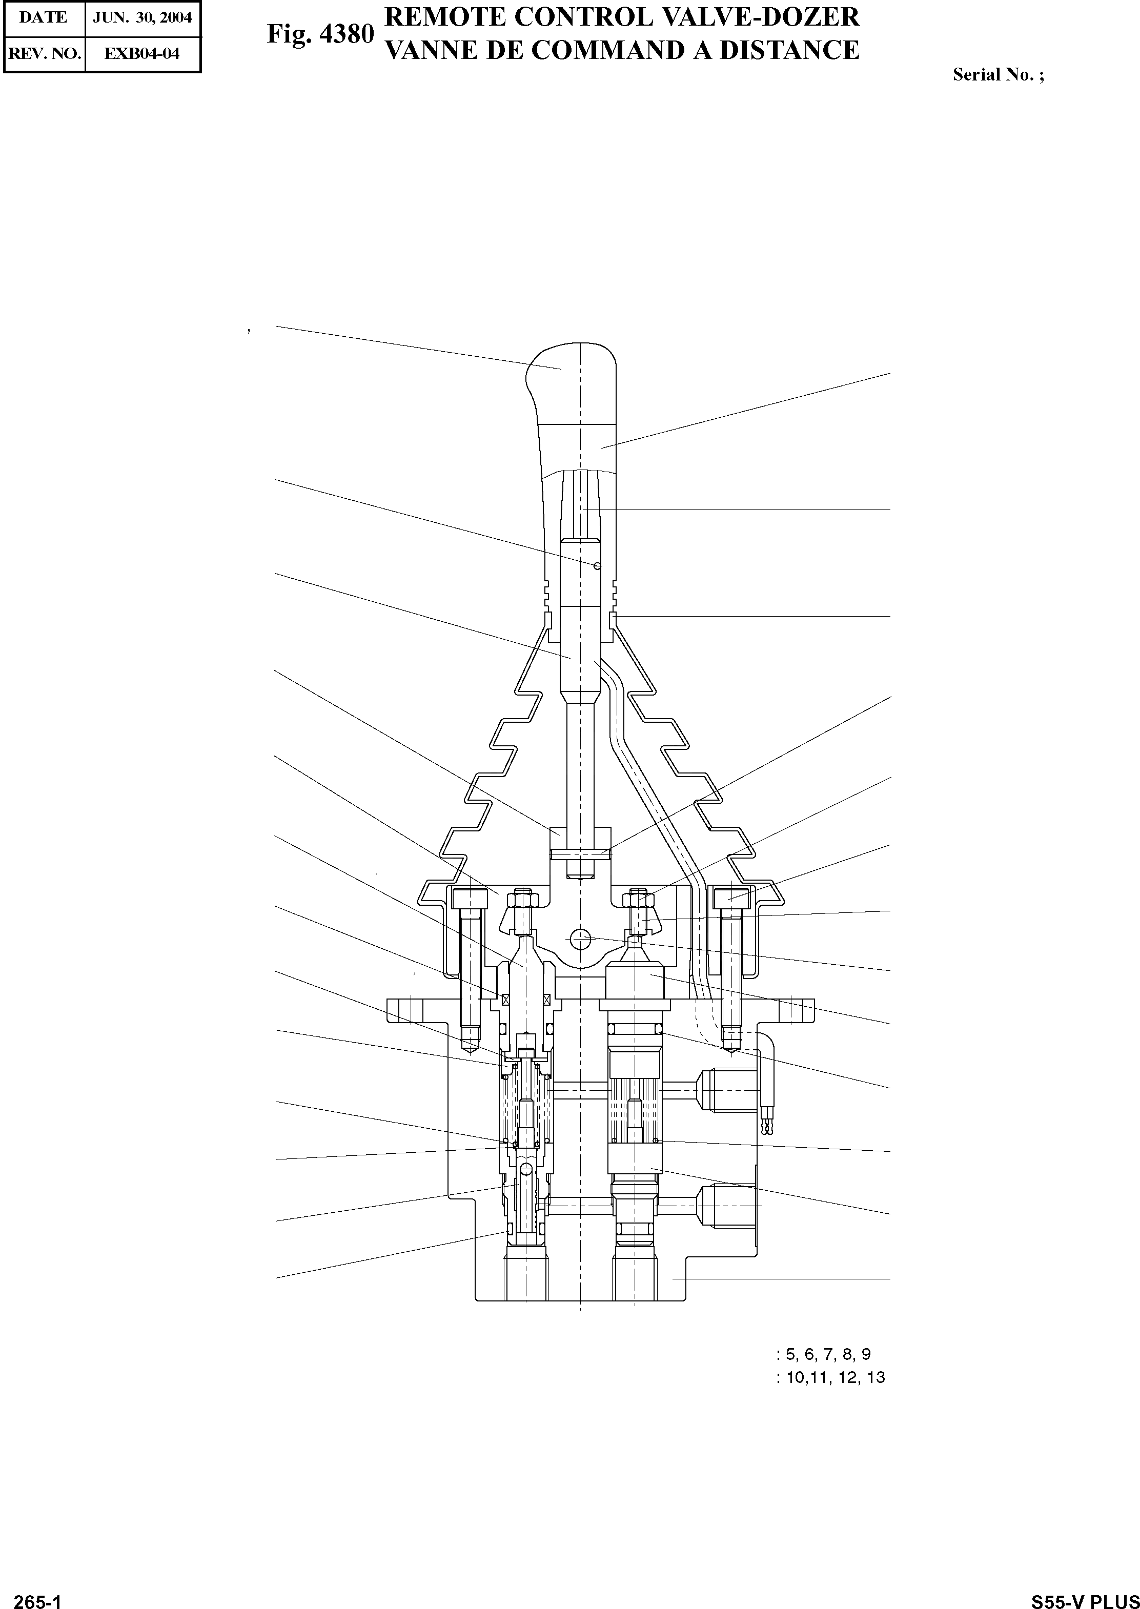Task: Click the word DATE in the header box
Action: pos(44,17)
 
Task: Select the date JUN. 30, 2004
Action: pos(142,17)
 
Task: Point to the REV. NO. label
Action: pos(44,53)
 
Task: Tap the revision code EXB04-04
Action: pos(142,53)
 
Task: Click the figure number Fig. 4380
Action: pos(320,34)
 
